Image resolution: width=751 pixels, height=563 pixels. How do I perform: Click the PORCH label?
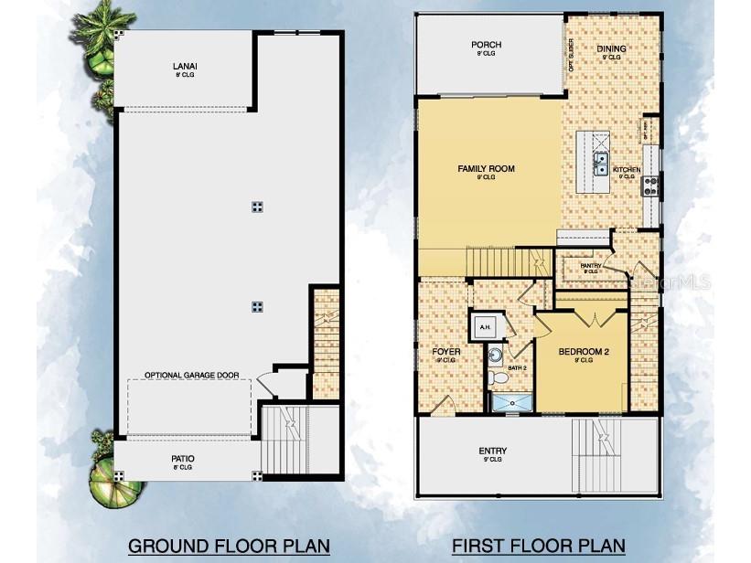[486, 45]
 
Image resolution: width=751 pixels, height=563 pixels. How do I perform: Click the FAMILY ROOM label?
[486, 168]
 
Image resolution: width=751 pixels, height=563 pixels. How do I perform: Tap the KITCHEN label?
[627, 170]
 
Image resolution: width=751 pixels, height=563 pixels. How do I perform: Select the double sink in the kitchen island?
[601, 165]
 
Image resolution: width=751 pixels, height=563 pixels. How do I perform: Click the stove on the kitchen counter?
[650, 186]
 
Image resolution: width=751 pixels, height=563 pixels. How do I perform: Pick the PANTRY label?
[590, 265]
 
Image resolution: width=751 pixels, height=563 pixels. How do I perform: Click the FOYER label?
[445, 351]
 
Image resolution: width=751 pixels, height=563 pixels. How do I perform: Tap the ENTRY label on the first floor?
[493, 451]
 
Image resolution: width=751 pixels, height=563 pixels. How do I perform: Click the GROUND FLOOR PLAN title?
[229, 546]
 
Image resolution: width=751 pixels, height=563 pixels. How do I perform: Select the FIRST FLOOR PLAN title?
[539, 546]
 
